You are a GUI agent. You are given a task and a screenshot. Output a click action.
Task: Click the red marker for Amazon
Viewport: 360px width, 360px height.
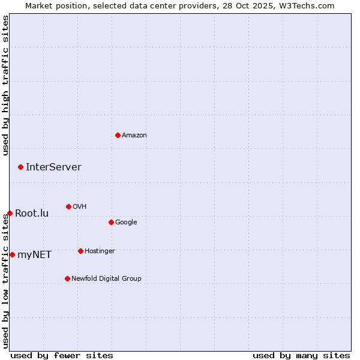(118, 135)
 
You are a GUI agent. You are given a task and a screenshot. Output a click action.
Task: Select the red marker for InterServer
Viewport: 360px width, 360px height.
(20, 167)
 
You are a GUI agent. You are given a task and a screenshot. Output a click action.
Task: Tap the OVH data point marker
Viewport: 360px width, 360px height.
(68, 206)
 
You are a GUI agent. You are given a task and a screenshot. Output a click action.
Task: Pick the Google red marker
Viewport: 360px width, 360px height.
(111, 222)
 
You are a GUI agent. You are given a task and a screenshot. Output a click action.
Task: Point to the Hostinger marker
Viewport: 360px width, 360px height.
(80, 251)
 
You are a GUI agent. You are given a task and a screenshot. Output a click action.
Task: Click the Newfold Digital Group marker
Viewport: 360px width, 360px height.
(67, 278)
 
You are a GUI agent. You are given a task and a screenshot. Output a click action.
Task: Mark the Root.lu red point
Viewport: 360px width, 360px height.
(10, 213)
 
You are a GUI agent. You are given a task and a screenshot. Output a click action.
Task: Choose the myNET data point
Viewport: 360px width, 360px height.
(12, 254)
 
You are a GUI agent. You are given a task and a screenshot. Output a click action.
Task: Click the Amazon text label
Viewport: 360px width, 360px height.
(134, 136)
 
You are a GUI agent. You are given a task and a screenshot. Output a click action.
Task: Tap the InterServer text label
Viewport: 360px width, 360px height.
(53, 167)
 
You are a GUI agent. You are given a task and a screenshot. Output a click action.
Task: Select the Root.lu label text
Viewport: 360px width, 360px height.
(32, 214)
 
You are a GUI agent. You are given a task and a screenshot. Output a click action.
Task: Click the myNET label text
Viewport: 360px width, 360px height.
(34, 255)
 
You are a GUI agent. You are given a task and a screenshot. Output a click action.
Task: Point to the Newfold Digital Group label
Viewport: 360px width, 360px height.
(106, 278)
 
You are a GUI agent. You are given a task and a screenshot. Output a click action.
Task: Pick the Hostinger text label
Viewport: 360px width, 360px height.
(100, 251)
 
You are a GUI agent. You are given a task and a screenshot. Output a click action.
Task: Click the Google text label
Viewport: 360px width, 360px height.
(126, 222)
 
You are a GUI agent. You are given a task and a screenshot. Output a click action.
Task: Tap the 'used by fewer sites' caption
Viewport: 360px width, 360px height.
(62, 355)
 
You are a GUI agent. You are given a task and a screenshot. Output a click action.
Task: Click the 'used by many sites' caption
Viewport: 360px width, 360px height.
(301, 355)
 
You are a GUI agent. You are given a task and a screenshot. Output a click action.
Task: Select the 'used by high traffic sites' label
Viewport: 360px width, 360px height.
(6, 85)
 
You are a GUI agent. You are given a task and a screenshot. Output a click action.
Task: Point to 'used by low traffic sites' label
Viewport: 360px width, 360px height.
(6, 281)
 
